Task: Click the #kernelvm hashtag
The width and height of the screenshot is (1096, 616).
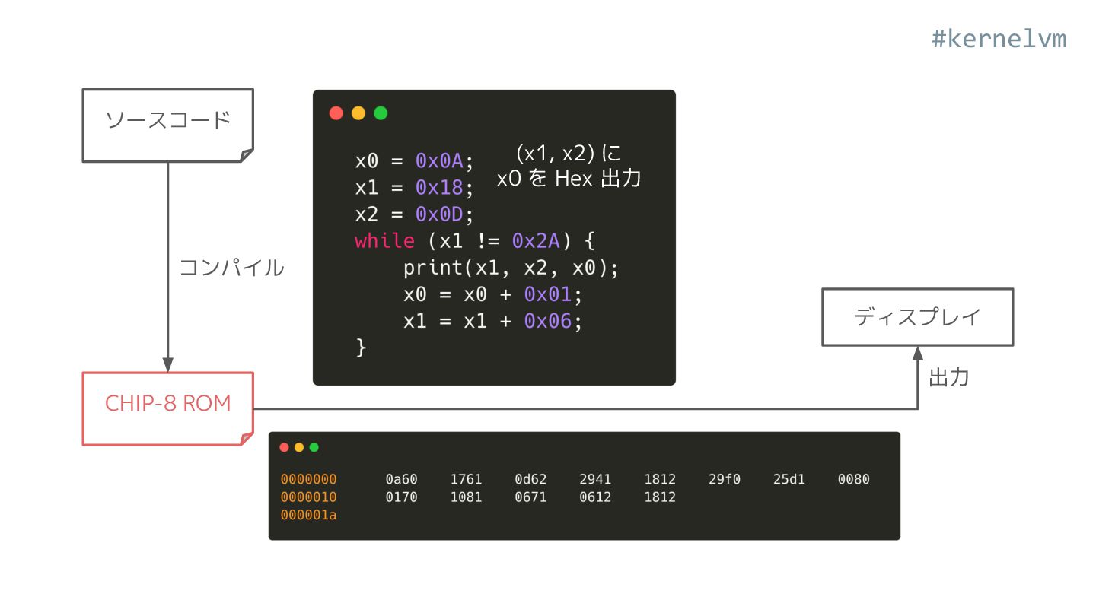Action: pos(999,39)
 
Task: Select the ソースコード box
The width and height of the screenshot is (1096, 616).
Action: pos(167,125)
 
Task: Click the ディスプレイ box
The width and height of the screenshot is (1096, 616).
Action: pos(917,317)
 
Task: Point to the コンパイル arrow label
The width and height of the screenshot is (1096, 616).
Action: pos(231,268)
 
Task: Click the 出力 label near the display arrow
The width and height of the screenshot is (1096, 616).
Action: pos(948,378)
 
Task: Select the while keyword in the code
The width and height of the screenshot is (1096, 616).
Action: pos(384,241)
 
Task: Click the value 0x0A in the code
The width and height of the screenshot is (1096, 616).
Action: pos(439,161)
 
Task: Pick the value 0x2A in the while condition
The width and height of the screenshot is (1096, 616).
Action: pos(536,241)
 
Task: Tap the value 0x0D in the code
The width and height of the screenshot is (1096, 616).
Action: pos(439,214)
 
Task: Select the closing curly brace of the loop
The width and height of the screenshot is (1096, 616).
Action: pos(361,347)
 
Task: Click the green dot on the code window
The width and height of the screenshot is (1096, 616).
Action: pos(381,113)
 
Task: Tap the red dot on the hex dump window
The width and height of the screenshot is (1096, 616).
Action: pos(285,447)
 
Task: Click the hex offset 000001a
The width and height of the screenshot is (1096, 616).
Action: pos(308,516)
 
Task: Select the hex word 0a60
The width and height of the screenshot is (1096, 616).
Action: pos(401,479)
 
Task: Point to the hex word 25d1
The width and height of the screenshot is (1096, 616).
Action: pos(789,479)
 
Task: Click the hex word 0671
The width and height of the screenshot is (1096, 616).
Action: pos(530,497)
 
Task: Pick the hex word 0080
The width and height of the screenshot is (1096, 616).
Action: pos(853,479)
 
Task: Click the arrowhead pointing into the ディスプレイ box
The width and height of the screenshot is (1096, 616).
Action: pos(918,354)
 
